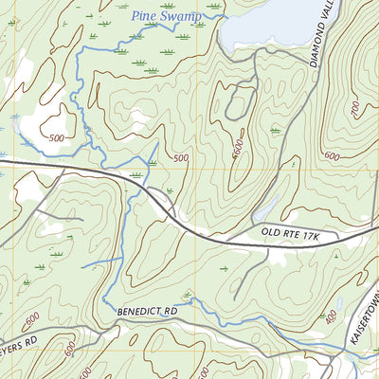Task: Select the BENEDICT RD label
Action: pos(148,311)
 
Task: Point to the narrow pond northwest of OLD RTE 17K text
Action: pos(266,208)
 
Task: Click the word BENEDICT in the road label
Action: pos(139,311)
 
